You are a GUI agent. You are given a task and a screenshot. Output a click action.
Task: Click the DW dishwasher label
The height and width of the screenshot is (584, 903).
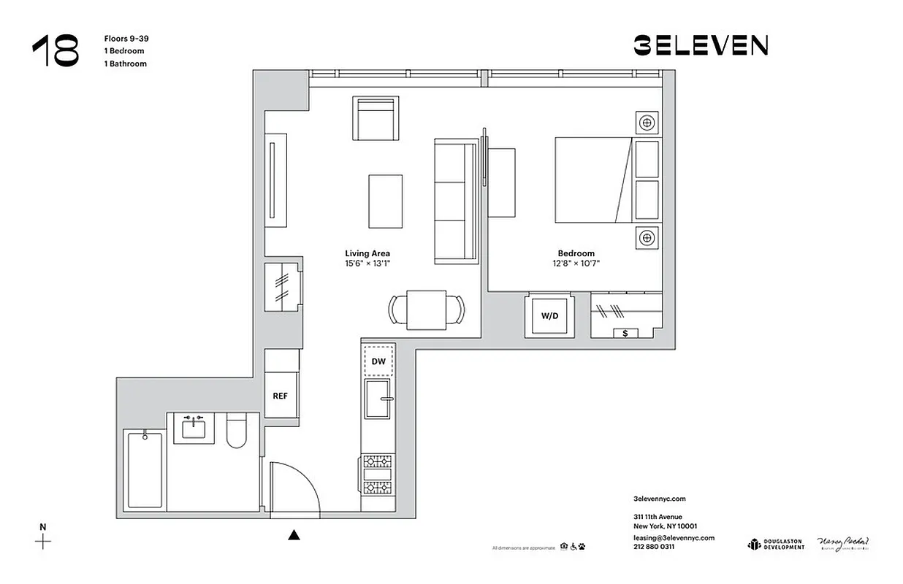(x=378, y=361)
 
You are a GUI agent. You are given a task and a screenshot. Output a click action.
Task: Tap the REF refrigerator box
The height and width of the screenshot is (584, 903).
(x=281, y=396)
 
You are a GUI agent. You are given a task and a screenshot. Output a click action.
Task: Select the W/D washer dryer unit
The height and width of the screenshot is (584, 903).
(x=549, y=316)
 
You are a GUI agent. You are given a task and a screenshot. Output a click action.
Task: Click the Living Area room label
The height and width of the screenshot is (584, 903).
(x=367, y=253)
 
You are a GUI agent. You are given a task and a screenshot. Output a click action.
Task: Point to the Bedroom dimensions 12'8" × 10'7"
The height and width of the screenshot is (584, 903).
(x=576, y=264)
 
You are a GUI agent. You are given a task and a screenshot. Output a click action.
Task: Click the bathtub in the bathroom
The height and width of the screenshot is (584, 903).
(x=144, y=469)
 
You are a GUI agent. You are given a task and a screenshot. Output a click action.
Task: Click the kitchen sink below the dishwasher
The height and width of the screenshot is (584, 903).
(x=378, y=399)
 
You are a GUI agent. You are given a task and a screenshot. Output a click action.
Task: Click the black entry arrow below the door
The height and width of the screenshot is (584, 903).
(x=294, y=535)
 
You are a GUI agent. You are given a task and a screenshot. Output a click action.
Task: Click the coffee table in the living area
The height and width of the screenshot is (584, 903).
(x=385, y=201)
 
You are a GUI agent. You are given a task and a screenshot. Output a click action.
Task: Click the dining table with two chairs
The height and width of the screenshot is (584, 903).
(x=427, y=309)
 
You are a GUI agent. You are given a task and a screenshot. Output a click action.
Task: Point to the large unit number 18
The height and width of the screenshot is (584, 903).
(x=56, y=50)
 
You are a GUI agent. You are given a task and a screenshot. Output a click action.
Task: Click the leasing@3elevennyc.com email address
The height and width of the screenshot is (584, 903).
(x=673, y=537)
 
